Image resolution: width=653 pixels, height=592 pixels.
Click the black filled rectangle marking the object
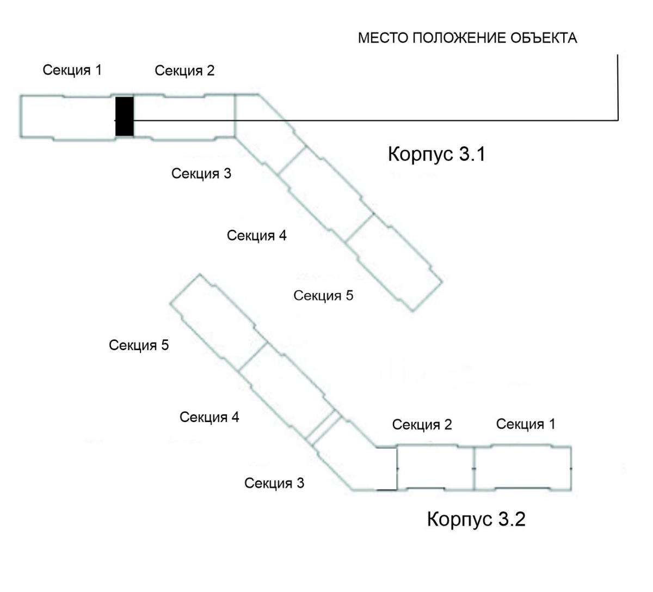[125, 117]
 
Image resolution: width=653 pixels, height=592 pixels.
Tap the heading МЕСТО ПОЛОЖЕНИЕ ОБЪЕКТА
[467, 38]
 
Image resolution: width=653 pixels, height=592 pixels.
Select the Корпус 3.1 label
[436, 154]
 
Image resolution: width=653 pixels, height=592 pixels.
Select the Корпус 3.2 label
[476, 518]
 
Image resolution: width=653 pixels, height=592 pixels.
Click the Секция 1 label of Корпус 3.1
[72, 70]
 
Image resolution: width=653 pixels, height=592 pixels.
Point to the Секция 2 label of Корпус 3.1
[184, 71]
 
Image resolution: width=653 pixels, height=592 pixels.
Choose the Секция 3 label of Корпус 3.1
[201, 174]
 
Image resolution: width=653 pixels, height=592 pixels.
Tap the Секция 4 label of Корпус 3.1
[256, 236]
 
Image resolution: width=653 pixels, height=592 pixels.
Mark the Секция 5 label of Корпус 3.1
[323, 296]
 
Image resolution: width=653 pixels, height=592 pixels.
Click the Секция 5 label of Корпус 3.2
[139, 345]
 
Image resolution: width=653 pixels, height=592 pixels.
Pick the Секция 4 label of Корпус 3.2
[210, 417]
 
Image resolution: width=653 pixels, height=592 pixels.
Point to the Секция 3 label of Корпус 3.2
[274, 483]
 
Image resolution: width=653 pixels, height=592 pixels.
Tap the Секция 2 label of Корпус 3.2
[422, 425]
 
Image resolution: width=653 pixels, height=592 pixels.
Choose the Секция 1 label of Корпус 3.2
[526, 424]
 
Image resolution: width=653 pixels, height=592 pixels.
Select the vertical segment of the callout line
[618, 87]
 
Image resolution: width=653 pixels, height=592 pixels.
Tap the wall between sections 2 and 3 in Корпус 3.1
[235, 115]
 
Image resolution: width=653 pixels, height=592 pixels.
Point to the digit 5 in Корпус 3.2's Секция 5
[165, 345]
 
